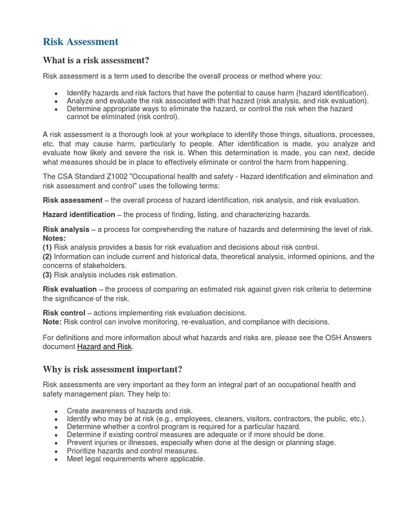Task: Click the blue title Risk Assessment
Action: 81,42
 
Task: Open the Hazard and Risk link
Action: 104,347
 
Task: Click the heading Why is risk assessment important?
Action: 112,369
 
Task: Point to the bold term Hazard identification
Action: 79,215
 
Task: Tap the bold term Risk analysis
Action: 66,229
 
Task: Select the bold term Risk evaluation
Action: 70,289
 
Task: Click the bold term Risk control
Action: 64,313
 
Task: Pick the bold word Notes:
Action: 54,238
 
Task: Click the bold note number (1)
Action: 47,247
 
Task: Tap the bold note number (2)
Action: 47,257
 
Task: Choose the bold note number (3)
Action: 47,275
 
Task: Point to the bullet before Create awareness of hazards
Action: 56,411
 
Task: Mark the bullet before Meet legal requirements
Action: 56,459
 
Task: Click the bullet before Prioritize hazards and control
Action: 56,451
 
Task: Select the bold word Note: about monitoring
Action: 52,322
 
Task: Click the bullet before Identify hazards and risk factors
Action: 56,94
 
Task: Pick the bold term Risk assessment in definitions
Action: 72,200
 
